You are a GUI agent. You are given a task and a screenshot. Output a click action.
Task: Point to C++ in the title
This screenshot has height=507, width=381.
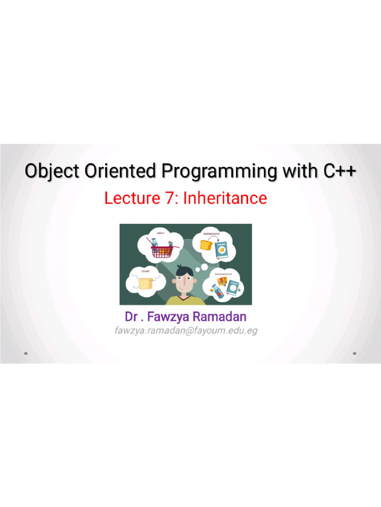[340, 171]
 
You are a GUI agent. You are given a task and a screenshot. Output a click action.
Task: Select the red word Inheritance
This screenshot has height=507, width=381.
[225, 199]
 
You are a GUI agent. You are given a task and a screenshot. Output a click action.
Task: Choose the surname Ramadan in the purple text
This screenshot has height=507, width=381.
[219, 316]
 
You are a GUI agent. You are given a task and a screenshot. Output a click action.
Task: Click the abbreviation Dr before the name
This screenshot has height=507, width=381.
[131, 316]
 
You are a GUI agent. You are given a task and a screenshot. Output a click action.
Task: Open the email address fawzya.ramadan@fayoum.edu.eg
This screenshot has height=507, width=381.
[186, 330]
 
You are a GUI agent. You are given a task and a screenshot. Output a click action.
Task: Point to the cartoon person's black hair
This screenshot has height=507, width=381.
[185, 271]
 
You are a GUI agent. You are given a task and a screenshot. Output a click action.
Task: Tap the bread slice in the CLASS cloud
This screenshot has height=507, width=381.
[145, 283]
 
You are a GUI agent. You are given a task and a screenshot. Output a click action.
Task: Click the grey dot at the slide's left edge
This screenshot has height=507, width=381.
[26, 354]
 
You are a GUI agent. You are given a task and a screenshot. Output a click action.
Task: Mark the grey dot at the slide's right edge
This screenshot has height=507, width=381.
[354, 354]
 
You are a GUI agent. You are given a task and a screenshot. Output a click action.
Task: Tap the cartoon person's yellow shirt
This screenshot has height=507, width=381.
[186, 301]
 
